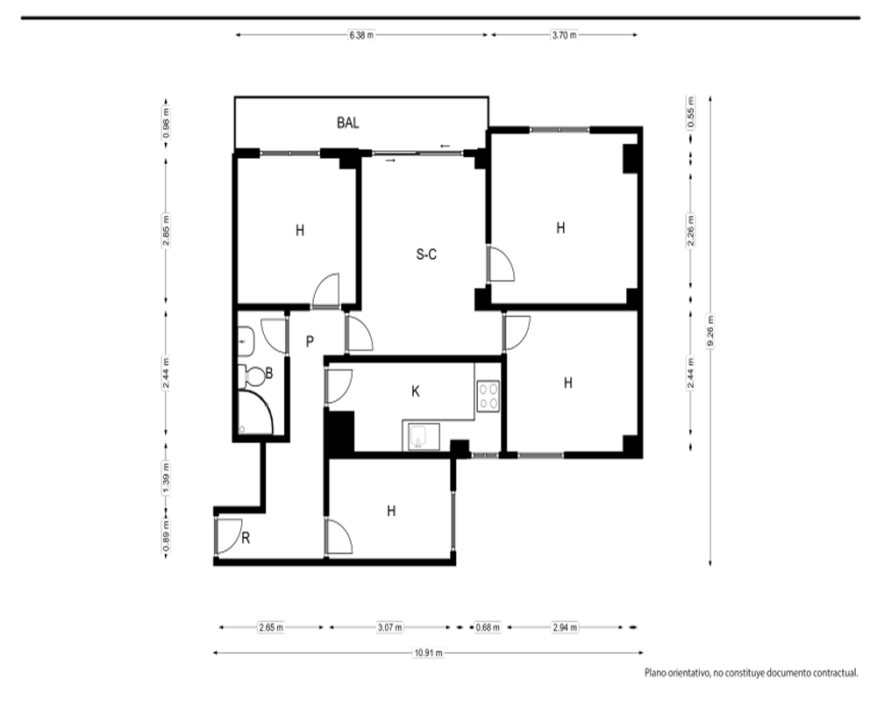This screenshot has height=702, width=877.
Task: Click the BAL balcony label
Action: click(x=348, y=123)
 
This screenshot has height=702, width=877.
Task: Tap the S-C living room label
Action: click(x=426, y=254)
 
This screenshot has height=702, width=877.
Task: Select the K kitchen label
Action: click(x=416, y=391)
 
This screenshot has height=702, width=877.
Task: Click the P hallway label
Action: click(x=310, y=341)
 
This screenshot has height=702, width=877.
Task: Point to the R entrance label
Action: click(x=246, y=538)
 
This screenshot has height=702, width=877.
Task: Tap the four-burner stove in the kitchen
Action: click(x=488, y=396)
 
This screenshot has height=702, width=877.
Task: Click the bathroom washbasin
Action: click(x=246, y=341)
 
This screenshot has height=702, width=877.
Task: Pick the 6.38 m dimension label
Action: click(x=361, y=35)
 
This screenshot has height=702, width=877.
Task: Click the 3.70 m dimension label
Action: click(x=564, y=35)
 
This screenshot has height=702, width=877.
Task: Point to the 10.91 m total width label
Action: click(x=429, y=653)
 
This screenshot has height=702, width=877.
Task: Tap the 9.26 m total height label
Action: click(x=710, y=332)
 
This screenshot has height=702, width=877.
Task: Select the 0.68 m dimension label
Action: click(x=488, y=627)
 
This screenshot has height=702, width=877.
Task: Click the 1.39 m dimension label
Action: click(x=166, y=478)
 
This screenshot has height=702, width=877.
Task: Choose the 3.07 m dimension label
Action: click(x=389, y=627)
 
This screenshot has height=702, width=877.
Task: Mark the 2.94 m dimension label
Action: click(x=565, y=627)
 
